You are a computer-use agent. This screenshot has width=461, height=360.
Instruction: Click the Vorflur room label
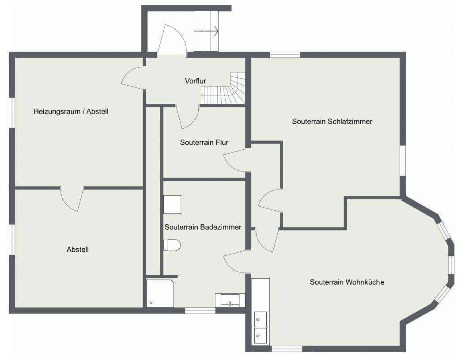195,81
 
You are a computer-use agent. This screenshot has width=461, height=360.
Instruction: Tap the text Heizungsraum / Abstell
71,112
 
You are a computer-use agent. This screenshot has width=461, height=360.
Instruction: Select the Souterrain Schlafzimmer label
332,121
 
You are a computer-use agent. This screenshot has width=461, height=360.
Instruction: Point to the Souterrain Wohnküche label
347,282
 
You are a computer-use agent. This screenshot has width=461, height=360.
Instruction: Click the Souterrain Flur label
204,143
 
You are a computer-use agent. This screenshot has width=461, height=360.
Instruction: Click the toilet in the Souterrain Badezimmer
172,245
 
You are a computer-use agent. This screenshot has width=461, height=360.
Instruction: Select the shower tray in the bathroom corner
160,293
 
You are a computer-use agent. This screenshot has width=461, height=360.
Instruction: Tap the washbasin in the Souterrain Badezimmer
230,300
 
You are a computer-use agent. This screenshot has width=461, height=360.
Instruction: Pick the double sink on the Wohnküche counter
260,327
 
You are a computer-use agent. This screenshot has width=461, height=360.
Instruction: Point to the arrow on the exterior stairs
215,31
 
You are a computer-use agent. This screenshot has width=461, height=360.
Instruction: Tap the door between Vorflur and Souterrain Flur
188,117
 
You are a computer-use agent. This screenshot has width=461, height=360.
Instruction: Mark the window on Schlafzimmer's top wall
285,55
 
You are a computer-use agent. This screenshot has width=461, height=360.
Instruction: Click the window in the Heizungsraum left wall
12,113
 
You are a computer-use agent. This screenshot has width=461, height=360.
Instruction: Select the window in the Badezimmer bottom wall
200,311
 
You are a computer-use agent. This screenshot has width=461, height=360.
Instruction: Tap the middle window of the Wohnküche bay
451,265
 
